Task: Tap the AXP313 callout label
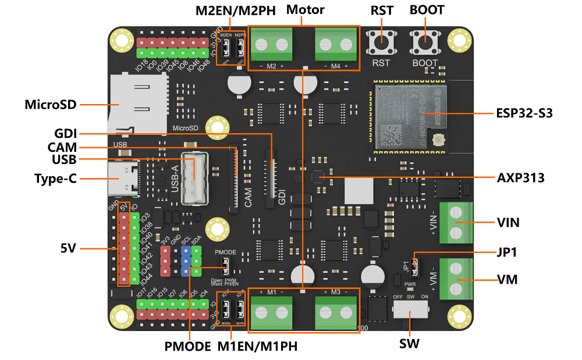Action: click(x=520, y=177)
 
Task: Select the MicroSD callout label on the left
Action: click(x=51, y=105)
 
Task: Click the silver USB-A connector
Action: click(x=194, y=179)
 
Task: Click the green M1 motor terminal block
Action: click(x=271, y=313)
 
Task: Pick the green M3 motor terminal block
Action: click(x=336, y=313)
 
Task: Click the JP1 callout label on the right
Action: click(x=508, y=253)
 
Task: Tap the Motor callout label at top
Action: click(x=305, y=10)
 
